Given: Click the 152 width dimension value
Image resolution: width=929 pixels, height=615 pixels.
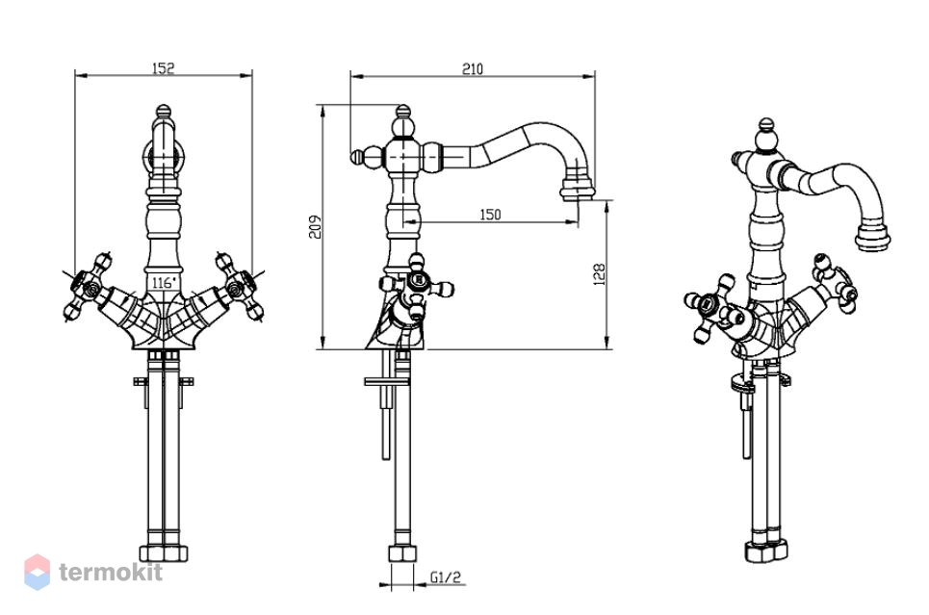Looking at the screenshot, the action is point(164,67).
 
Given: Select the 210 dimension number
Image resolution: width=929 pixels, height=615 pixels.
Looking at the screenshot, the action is point(473,68).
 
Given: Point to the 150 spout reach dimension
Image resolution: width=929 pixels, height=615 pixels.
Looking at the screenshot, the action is point(490,214).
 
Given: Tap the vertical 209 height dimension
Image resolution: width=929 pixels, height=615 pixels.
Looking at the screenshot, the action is point(316,226).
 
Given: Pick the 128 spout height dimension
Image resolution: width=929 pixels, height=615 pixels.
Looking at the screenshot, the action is point(599,275).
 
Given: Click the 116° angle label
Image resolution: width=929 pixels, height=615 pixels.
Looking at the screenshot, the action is point(164,283).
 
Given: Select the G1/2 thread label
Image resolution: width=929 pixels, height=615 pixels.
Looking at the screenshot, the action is point(445,577).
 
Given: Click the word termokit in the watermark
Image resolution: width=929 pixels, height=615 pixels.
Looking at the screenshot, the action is point(111,572).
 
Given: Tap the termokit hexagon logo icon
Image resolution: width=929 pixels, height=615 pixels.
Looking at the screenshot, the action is point(37,572).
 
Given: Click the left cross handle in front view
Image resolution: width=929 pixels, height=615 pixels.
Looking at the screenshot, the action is point(88,287).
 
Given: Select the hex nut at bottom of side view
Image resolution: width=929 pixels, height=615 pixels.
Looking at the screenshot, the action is point(402,554).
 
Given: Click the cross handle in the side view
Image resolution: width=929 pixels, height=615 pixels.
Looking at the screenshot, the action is point(417,286).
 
